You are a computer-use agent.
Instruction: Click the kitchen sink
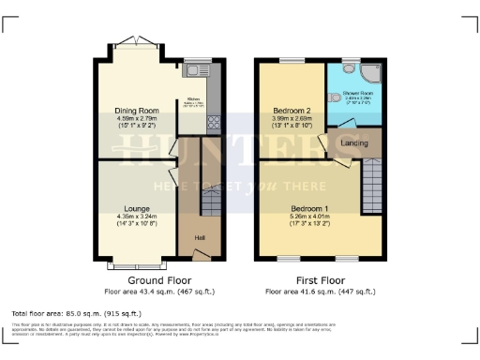(x=198, y=69)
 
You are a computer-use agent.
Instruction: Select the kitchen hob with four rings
(x=213, y=122)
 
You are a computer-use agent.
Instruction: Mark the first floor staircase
(x=372, y=177)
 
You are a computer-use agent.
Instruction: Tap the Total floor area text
(x=76, y=312)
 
